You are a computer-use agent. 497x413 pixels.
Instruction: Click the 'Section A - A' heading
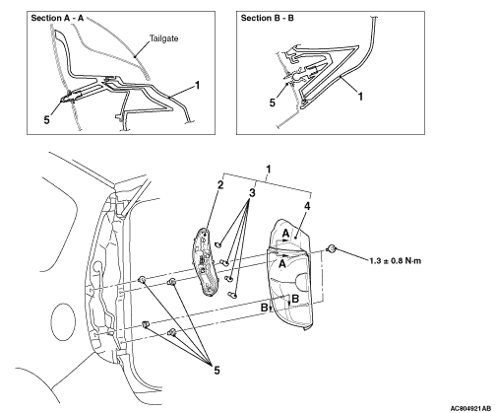[x=57, y=18]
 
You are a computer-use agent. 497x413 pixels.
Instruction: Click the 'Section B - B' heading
[x=267, y=18]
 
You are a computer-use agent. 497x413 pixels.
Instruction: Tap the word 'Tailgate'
[x=164, y=38]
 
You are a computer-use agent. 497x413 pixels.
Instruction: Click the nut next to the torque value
[x=332, y=249]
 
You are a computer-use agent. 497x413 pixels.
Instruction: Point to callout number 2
[x=220, y=185]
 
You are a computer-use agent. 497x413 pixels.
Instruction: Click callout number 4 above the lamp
[x=307, y=206]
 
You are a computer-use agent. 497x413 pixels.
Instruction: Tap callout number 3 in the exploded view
[x=252, y=193]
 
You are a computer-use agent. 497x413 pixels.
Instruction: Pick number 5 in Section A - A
[x=47, y=120]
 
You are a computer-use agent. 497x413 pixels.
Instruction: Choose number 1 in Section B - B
[x=360, y=97]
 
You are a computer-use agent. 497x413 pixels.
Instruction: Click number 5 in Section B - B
[x=273, y=103]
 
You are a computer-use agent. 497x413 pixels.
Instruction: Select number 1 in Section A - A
[x=197, y=86]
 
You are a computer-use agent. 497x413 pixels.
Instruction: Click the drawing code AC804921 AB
[x=470, y=408]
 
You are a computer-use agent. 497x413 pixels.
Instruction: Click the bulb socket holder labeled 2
[x=204, y=262]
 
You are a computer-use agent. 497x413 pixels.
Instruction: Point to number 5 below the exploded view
[x=217, y=371]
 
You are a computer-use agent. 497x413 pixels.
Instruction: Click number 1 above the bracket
[x=269, y=170]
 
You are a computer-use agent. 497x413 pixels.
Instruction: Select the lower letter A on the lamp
[x=282, y=263]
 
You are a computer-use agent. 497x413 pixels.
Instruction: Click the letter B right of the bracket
[x=295, y=299]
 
